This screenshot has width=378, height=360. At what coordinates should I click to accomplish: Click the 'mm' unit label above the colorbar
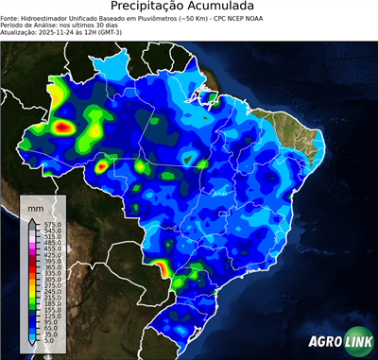[35, 205]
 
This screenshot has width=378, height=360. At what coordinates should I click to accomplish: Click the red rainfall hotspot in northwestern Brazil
[64, 125]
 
